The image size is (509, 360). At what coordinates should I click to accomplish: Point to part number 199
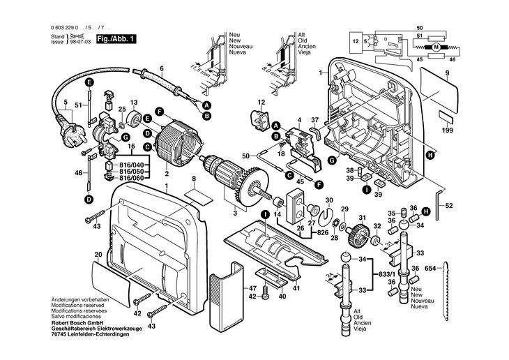(447, 130)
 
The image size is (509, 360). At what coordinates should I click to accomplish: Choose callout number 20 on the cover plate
(98, 255)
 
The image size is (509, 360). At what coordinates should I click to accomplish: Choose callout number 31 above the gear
(361, 218)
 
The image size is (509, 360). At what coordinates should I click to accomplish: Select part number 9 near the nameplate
(447, 73)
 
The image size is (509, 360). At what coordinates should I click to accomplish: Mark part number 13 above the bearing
(135, 101)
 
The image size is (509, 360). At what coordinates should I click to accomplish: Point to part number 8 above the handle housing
(194, 179)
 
